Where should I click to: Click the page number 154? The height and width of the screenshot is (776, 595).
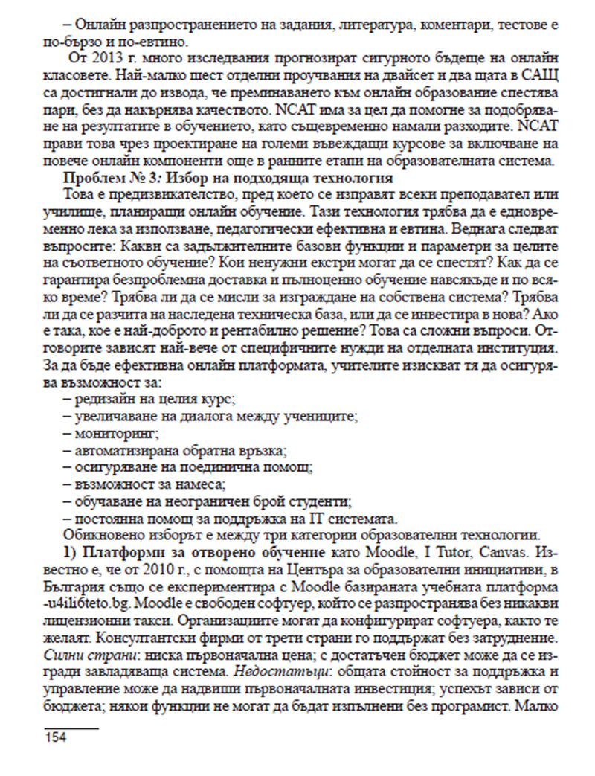[56, 737]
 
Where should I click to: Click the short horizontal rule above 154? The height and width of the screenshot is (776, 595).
[71, 724]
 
